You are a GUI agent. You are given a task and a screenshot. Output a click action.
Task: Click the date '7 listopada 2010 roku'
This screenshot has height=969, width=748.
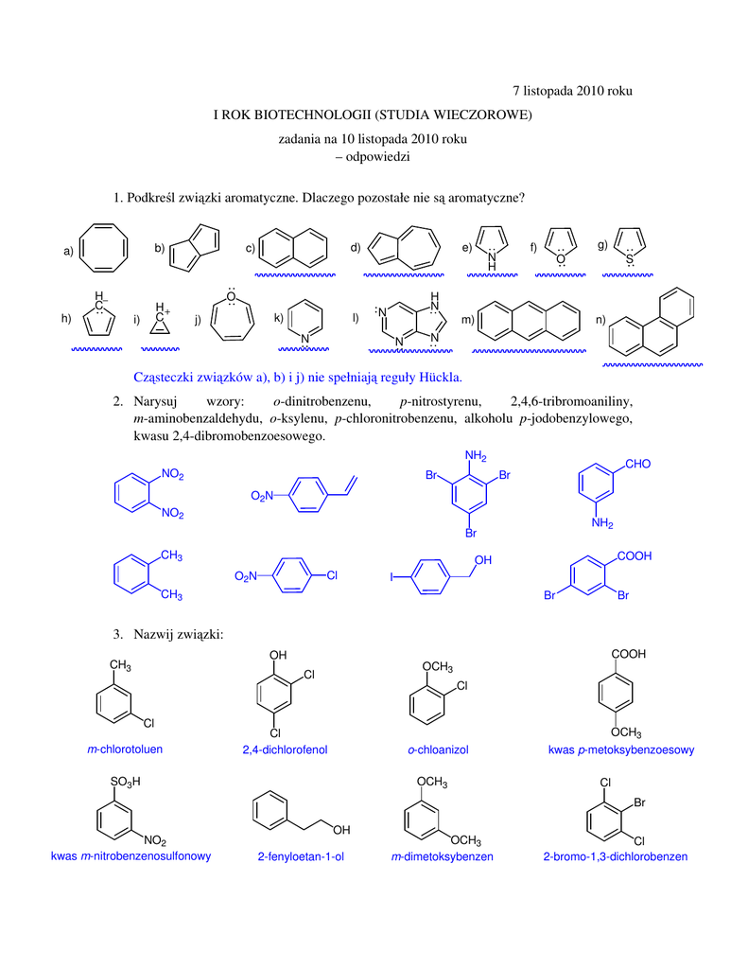[x=571, y=91]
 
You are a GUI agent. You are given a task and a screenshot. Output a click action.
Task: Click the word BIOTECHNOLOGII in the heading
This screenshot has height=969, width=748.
[x=319, y=115]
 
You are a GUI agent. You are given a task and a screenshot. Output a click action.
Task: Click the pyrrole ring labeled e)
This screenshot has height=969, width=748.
[x=492, y=245]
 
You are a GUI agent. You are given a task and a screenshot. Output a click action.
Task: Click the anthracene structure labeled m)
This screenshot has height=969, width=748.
[x=530, y=321]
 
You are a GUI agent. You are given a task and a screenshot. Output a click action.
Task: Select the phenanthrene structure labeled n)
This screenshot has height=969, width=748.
[x=653, y=323]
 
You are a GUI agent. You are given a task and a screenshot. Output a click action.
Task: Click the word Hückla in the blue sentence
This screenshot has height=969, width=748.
[x=438, y=377]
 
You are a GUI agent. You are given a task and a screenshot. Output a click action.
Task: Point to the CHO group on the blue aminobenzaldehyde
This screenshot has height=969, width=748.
[x=638, y=464]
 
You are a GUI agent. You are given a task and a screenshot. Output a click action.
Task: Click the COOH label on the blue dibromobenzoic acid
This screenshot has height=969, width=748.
[x=635, y=556]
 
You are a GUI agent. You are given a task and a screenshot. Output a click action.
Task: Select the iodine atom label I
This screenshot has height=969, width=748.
[x=392, y=576]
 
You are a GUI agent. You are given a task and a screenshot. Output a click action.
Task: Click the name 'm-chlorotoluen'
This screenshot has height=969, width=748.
[x=125, y=749]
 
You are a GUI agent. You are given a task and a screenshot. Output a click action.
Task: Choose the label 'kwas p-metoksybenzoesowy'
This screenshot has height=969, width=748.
[x=621, y=750]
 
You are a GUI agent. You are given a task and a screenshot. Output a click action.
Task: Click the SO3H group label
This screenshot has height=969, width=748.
[x=125, y=782]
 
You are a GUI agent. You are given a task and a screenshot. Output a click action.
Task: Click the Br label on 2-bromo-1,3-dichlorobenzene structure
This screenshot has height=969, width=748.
[x=639, y=803]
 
